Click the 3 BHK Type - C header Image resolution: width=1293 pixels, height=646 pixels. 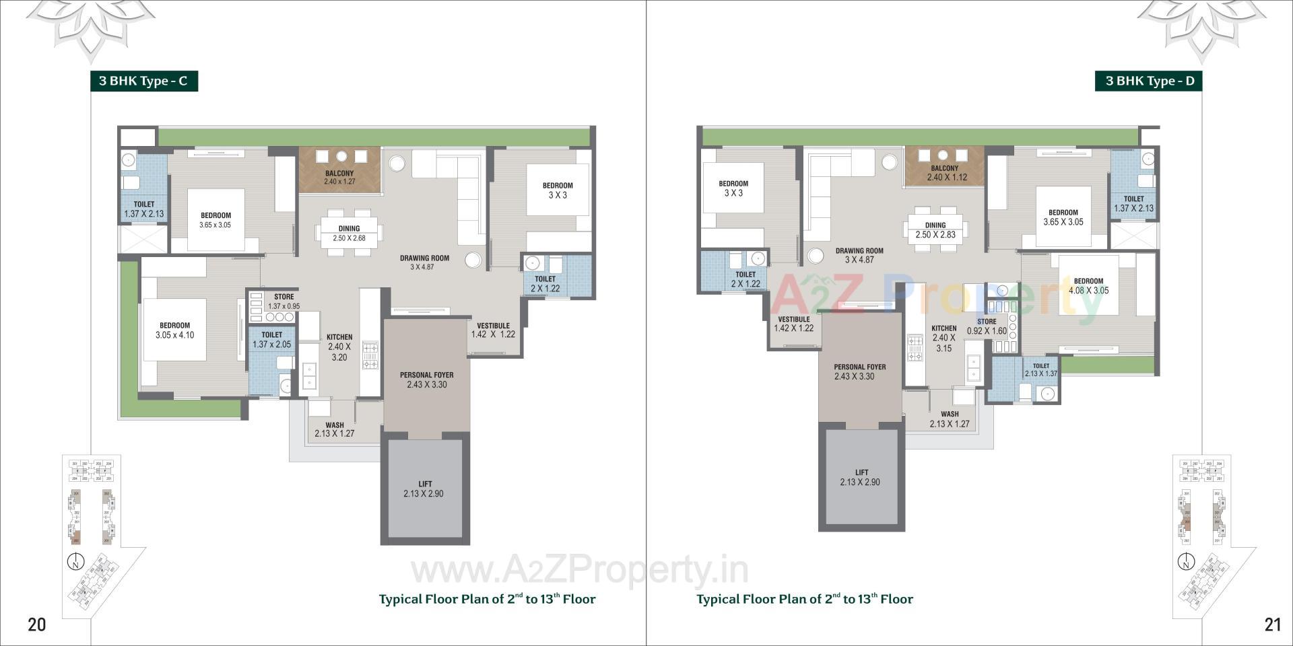click(143, 81)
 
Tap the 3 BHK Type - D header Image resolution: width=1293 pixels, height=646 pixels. click(1149, 81)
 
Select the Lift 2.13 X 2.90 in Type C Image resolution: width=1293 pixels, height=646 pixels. click(425, 489)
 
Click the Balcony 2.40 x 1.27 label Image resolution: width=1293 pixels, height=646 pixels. click(339, 178)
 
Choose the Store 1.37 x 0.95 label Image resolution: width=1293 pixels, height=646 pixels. click(284, 301)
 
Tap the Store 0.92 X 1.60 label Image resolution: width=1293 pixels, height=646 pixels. click(987, 326)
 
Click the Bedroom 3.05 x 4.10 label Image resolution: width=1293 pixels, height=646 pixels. click(174, 330)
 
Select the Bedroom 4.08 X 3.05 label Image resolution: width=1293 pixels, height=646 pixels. click(1088, 286)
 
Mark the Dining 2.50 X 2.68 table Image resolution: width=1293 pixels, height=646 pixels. click(349, 233)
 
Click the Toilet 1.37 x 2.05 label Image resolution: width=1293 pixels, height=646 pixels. click(271, 340)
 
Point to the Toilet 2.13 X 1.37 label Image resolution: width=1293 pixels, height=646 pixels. click(1040, 370)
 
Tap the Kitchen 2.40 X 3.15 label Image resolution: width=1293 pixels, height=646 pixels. click(943, 338)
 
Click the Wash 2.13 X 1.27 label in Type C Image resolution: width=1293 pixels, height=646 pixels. click(334, 429)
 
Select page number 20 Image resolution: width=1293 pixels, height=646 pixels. click(37, 624)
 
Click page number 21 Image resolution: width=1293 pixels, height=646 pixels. click(1272, 624)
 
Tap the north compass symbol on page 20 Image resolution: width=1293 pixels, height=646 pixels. click(76, 562)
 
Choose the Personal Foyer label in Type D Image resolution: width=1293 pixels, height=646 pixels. click(859, 371)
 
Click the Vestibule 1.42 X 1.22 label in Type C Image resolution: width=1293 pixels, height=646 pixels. click(493, 330)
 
